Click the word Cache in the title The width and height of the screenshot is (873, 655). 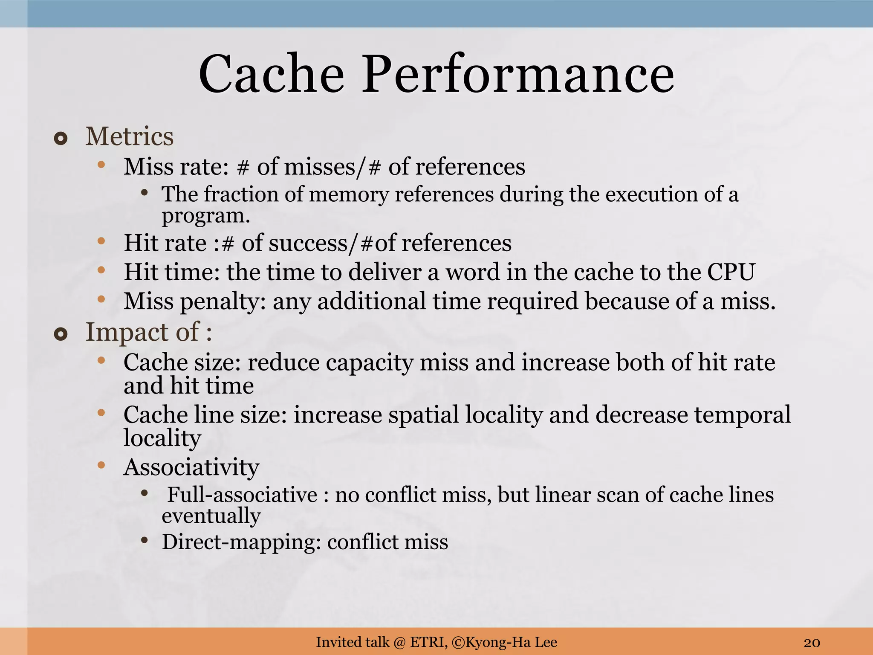click(x=271, y=75)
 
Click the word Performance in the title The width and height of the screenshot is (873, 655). click(x=518, y=75)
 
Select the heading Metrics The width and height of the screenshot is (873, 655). click(x=130, y=137)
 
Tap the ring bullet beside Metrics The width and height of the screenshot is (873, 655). click(x=61, y=139)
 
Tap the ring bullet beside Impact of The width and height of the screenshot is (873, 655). click(x=61, y=335)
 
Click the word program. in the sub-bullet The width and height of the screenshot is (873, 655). click(x=205, y=216)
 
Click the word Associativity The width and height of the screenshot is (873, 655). click(x=191, y=467)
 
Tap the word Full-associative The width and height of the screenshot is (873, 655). click(x=242, y=495)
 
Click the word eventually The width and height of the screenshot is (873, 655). click(x=211, y=516)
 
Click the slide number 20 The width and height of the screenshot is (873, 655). click(x=812, y=642)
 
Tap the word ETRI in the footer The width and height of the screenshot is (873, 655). click(x=428, y=642)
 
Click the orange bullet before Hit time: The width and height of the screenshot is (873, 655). click(x=101, y=270)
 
